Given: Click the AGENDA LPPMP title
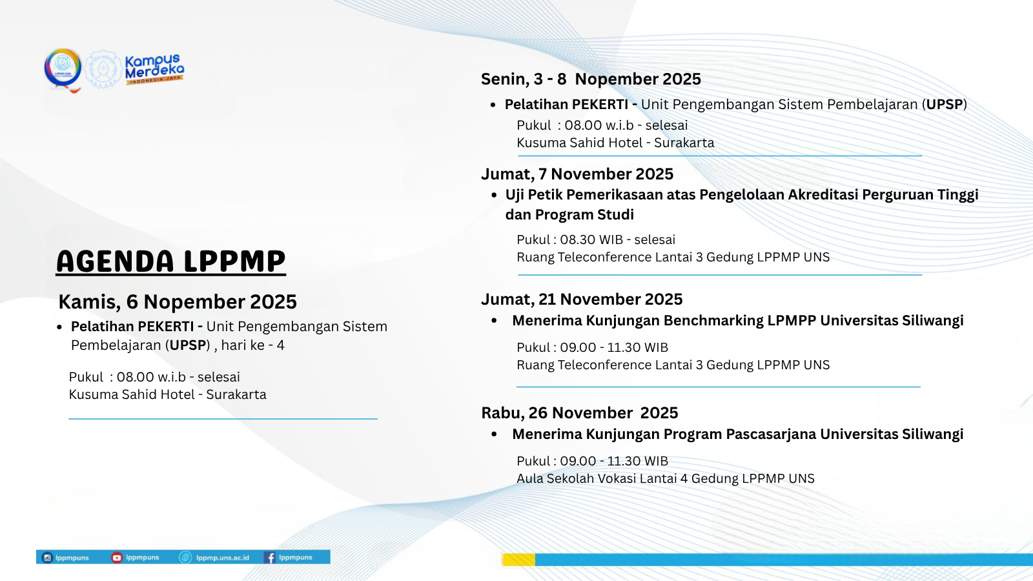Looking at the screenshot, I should [170, 261].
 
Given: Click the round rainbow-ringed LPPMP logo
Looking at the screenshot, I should [63, 67].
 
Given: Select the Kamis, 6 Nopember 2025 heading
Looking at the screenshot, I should [178, 301].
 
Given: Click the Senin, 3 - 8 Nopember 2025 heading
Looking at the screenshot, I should [591, 79].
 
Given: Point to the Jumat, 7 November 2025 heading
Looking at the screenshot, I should [577, 174].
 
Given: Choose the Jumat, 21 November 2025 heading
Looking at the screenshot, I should [581, 299].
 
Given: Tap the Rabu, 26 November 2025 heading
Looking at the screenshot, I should [579, 413].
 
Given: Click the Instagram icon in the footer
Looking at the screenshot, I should [47, 557].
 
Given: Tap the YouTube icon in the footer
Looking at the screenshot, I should [117, 557].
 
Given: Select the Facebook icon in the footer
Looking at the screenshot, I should [271, 557].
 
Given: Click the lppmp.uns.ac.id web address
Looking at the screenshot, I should [222, 557].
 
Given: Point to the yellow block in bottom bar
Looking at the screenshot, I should [518, 560].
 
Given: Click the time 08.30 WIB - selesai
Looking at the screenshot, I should [617, 240].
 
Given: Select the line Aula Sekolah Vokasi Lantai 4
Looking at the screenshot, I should [665, 478].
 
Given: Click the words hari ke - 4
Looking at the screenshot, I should [252, 345].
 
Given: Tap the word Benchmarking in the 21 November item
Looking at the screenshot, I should [713, 320].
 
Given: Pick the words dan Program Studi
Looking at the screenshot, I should [569, 214].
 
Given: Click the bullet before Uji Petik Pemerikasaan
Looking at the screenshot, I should [494, 195].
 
